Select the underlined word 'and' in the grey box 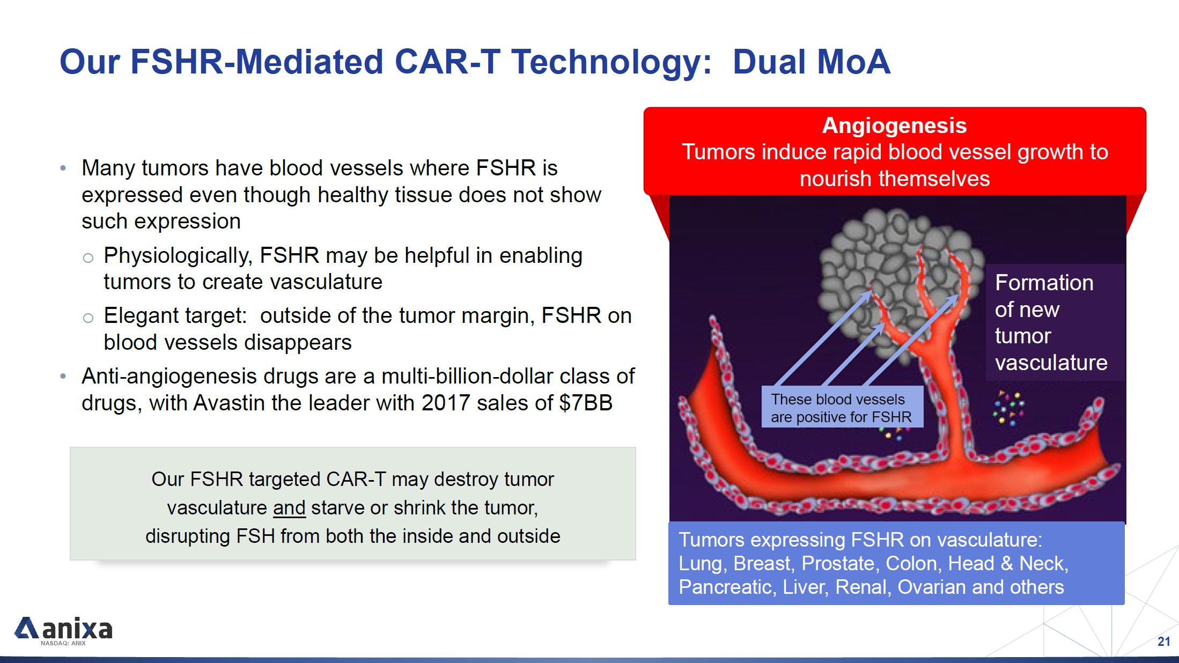(x=289, y=507)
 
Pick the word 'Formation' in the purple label (x=1044, y=283)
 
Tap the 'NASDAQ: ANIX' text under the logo (x=63, y=643)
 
